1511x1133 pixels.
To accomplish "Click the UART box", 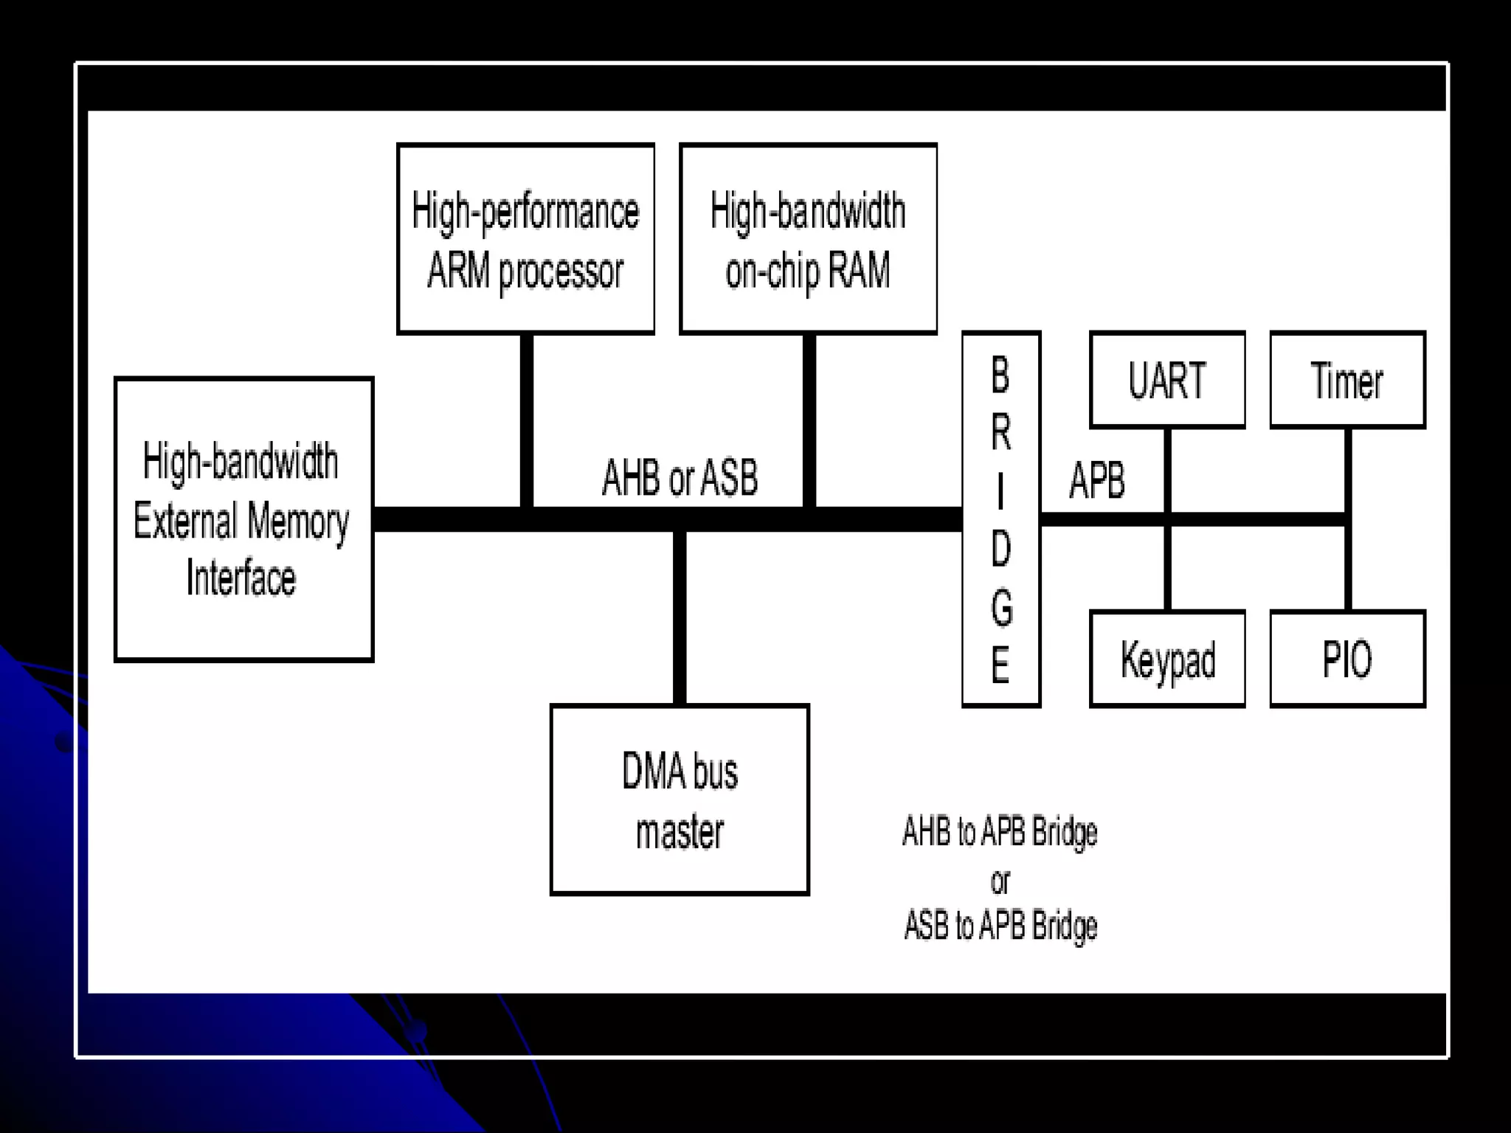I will [x=1167, y=380].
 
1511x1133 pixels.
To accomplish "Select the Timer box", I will [x=1347, y=380].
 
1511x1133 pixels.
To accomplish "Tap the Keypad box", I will [x=1167, y=659].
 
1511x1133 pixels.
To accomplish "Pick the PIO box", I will [x=1347, y=659].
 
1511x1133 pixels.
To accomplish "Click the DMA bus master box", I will [x=680, y=800].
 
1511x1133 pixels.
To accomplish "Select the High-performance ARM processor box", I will [x=525, y=238].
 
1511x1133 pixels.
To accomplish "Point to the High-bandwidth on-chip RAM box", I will [x=808, y=238].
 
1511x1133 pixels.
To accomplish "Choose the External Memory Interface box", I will [x=243, y=519].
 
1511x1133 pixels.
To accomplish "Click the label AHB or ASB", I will [x=680, y=477].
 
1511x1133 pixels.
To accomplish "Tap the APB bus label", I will [x=1097, y=480].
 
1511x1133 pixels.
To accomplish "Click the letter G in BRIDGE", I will [x=1001, y=607].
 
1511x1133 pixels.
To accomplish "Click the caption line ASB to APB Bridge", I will [x=1000, y=925].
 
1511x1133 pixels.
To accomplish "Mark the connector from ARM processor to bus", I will [x=526, y=420].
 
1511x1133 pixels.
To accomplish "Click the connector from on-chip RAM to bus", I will [x=809, y=420].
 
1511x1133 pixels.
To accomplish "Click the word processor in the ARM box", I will [x=561, y=271].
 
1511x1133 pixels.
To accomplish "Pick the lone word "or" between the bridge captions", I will [x=1000, y=880].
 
